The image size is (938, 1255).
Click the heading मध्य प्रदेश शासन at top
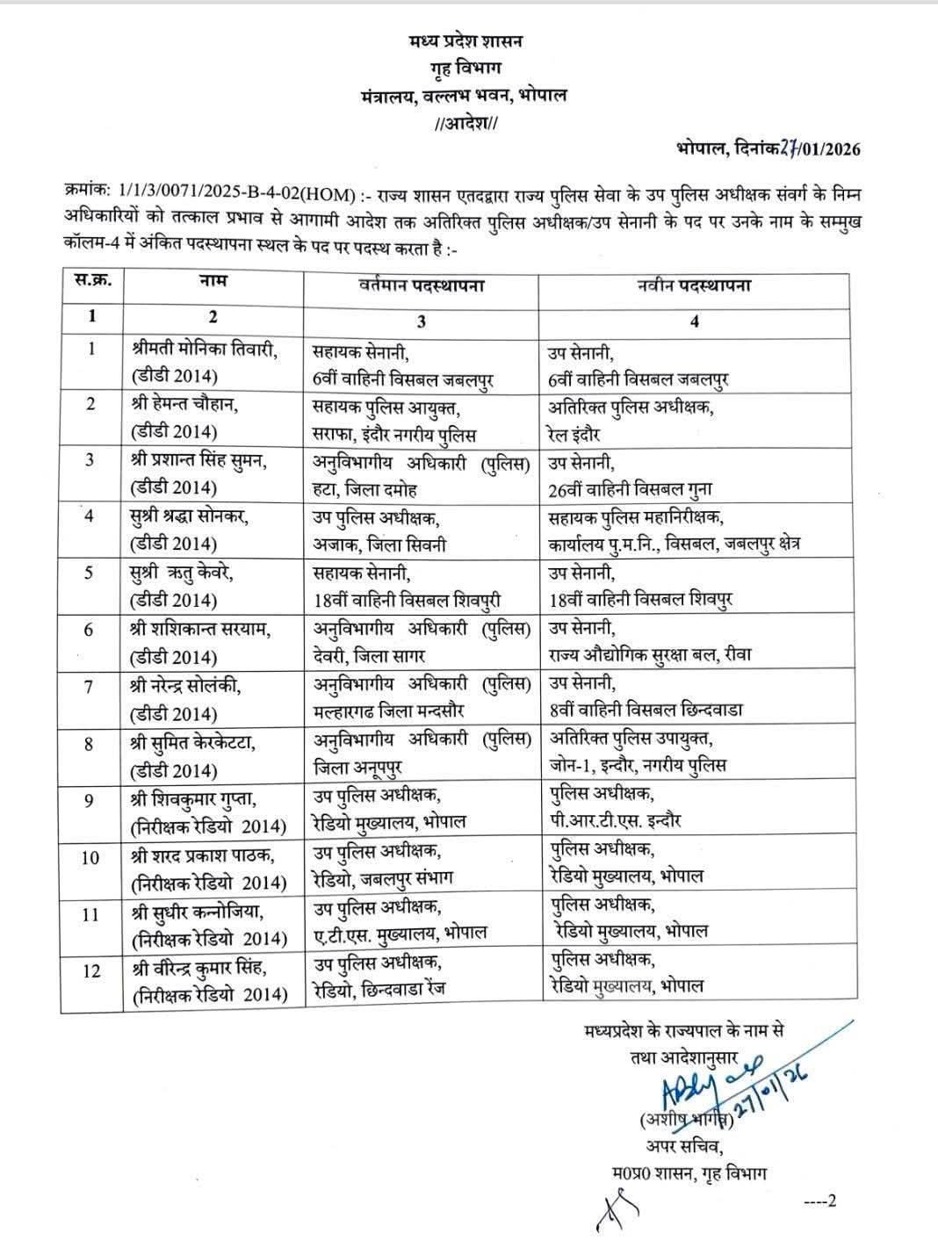click(x=465, y=40)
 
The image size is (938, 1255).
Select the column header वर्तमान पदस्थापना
click(x=422, y=286)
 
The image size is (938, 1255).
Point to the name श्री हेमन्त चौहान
click(x=184, y=406)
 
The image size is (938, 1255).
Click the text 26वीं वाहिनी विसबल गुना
click(x=630, y=490)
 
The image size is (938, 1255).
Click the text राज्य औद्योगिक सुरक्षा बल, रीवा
click(x=649, y=654)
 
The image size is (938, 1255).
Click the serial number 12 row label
click(x=91, y=970)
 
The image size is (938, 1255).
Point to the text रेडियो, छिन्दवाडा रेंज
click(x=380, y=989)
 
